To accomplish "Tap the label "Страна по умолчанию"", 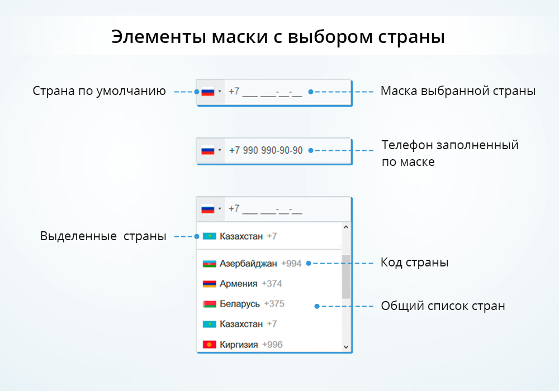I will click(x=99, y=91).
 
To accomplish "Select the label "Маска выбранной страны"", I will click(x=458, y=91).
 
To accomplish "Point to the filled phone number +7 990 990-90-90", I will click(x=266, y=151).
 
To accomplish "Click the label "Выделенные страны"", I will click(x=103, y=236).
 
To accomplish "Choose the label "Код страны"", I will click(x=414, y=263).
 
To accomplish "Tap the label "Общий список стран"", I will click(x=443, y=306).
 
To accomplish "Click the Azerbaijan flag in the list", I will click(x=209, y=263).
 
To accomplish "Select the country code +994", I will click(x=291, y=263).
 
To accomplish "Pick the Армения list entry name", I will click(x=238, y=284).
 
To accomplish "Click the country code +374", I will click(x=272, y=284).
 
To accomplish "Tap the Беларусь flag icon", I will click(x=209, y=304).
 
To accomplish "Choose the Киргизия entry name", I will click(x=239, y=345).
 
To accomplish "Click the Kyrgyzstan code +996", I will click(x=272, y=345).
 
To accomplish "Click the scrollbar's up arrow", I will click(x=345, y=227).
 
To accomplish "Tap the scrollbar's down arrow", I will click(x=345, y=347).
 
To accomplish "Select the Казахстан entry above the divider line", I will click(x=241, y=236).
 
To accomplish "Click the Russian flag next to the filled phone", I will click(x=208, y=151).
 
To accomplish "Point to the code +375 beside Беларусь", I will click(x=274, y=304).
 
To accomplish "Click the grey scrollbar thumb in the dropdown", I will click(x=345, y=276).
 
